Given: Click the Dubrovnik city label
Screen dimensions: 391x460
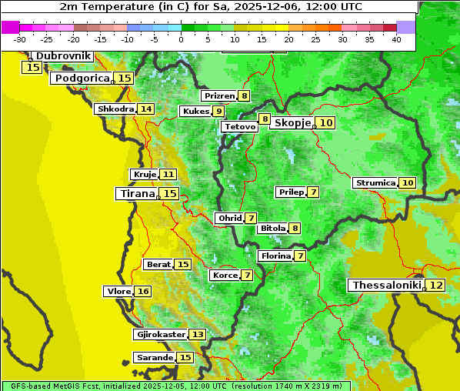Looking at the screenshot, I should [63, 56].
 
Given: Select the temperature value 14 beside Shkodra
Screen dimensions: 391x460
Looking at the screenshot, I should [145, 109].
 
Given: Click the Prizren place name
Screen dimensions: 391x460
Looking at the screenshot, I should [218, 96].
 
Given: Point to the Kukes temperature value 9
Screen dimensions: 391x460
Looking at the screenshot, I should [218, 112].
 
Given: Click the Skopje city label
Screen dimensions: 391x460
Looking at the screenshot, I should [292, 123].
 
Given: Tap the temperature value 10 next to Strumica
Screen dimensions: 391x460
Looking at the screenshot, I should [407, 183].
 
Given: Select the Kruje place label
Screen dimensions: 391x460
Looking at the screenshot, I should [144, 175].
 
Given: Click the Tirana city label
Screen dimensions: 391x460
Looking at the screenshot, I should [136, 194].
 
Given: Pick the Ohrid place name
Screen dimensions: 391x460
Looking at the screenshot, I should [228, 219].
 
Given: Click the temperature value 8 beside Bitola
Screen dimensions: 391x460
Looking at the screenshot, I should [295, 228].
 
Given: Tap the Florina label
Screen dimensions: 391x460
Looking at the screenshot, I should [275, 256].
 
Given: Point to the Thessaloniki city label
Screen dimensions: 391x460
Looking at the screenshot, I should [386, 286].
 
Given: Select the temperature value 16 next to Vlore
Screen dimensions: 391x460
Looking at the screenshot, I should [143, 291].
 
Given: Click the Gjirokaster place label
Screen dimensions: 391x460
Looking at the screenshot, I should [160, 335].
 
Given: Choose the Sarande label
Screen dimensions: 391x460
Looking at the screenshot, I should [154, 358].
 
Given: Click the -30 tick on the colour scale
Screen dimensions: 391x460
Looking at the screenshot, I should [20, 39].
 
